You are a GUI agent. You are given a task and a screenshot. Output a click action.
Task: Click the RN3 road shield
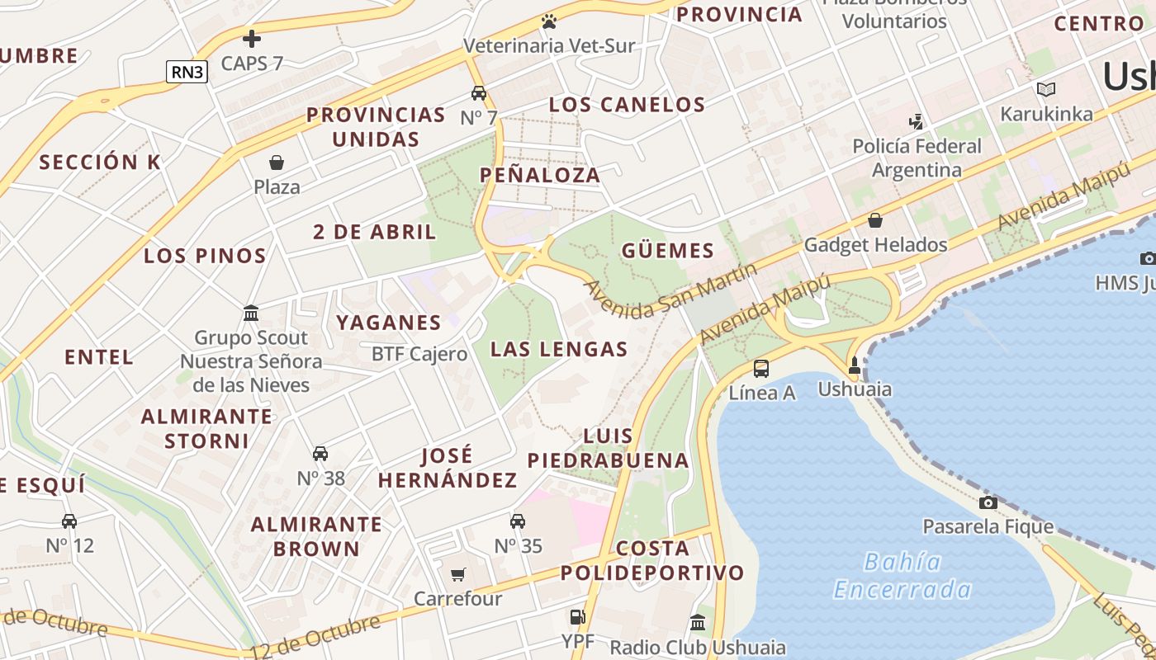tap(187, 72)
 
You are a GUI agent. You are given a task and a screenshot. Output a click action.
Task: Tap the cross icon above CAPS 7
tap(252, 38)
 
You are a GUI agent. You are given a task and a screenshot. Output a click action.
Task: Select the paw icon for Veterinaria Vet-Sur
tap(549, 21)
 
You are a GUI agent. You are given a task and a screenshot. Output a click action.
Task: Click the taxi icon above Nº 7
tap(479, 92)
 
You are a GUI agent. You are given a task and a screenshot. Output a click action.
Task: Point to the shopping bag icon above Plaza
tap(277, 163)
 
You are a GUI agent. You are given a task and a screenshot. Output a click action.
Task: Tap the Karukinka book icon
tap(1046, 89)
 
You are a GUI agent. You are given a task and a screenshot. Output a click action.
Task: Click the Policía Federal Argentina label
tap(917, 158)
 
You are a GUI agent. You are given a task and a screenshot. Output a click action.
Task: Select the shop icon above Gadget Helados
tap(875, 220)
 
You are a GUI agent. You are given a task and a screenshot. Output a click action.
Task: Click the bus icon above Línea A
tap(761, 369)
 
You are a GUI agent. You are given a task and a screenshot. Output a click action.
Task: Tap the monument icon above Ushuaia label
tap(855, 365)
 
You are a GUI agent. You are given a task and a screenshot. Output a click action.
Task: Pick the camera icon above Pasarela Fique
tap(988, 502)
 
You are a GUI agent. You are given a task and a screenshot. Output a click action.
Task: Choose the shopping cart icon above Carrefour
tap(458, 574)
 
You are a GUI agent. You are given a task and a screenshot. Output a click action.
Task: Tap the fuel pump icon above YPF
tap(577, 616)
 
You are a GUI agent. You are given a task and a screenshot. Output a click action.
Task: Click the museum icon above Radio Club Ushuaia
tap(698, 622)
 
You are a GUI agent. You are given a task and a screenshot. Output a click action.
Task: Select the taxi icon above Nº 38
tap(320, 454)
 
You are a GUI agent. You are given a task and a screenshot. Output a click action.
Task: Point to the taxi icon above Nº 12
tap(69, 521)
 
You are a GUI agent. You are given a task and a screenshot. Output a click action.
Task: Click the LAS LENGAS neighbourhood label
tap(559, 349)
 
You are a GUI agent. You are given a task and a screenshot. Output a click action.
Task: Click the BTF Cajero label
tap(419, 354)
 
